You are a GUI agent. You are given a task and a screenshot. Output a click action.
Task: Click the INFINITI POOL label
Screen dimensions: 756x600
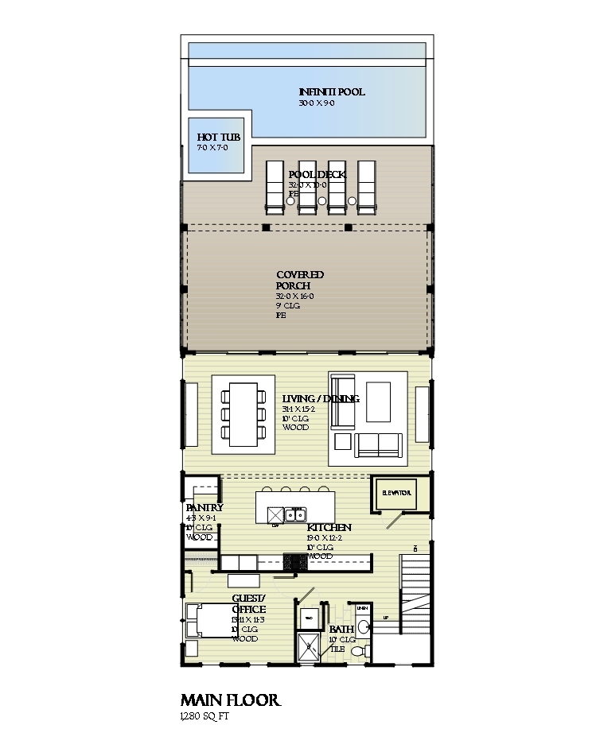click(332, 92)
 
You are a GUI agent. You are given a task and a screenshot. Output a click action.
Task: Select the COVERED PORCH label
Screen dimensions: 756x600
click(300, 280)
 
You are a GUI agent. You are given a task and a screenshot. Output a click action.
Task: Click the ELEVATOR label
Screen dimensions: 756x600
click(396, 494)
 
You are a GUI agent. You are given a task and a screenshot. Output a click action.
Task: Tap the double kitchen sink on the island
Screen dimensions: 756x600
click(295, 514)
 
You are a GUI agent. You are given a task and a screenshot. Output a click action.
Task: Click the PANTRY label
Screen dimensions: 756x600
click(204, 508)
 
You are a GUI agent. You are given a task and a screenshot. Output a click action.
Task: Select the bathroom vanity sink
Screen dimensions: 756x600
click(364, 626)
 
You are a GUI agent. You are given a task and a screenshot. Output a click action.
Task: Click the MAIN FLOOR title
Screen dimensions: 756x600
click(230, 700)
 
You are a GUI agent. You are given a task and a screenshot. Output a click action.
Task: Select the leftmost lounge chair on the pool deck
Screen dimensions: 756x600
click(274, 187)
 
